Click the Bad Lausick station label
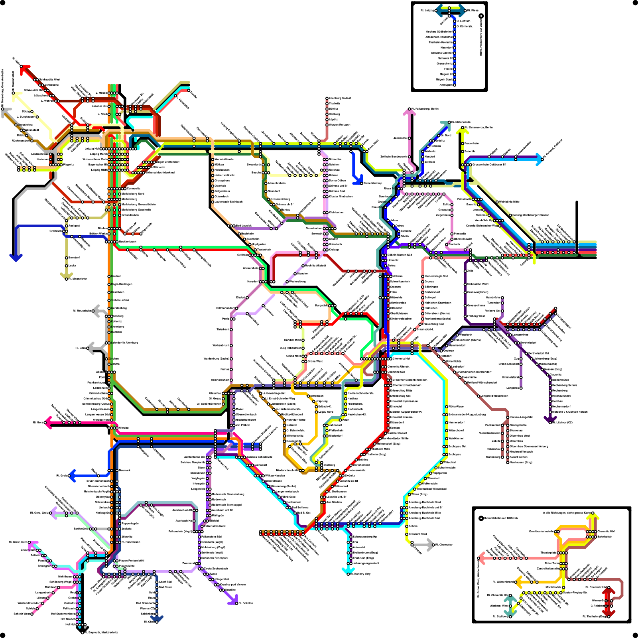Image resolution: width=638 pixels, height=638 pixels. click(244, 226)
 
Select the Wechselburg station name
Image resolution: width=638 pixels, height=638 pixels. click(297, 282)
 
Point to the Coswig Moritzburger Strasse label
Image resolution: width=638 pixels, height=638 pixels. click(530, 215)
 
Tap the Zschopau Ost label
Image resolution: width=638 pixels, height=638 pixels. click(457, 446)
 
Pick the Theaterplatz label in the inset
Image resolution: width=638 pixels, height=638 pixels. click(548, 553)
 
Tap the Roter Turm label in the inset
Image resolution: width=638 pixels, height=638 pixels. click(552, 563)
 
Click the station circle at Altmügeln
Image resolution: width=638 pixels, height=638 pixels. click(454, 85)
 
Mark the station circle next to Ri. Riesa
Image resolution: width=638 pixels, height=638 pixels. click(465, 10)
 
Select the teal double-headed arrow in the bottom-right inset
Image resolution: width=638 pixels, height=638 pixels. click(510, 607)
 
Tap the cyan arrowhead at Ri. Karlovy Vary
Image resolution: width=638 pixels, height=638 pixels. click(346, 571)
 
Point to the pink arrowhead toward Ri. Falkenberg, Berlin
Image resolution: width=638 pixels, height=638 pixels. click(409, 112)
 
